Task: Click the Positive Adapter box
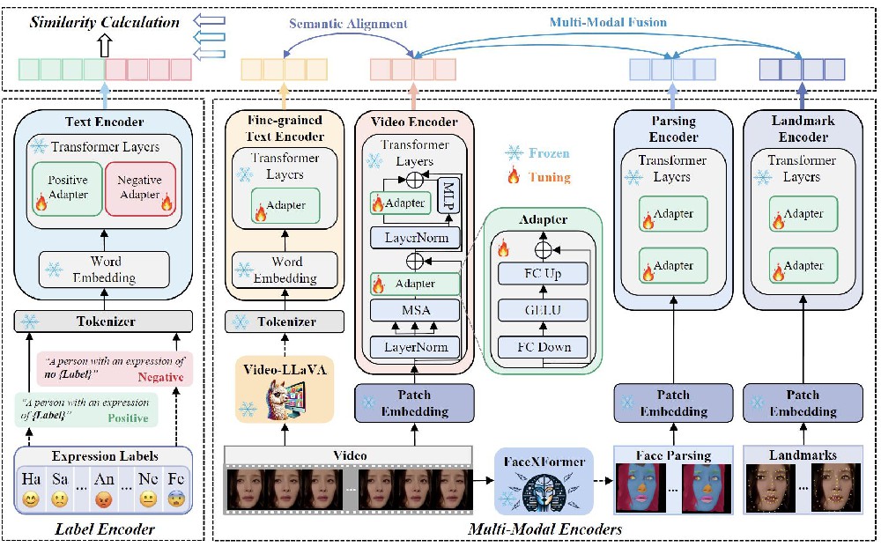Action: (x=68, y=188)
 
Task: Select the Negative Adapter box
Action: (x=140, y=188)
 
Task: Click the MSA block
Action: (x=415, y=310)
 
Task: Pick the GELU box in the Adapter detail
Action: (x=543, y=310)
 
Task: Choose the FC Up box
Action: (x=543, y=273)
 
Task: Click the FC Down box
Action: (x=543, y=347)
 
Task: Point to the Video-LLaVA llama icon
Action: (x=285, y=399)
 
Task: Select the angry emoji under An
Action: (x=104, y=499)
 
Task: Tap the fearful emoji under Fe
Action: (x=176, y=499)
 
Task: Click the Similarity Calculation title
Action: (x=105, y=22)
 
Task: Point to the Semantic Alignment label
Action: (x=348, y=24)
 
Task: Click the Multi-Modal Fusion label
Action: (x=608, y=22)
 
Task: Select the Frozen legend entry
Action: (x=537, y=152)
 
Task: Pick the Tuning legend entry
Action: (x=538, y=177)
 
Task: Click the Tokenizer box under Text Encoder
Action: (x=103, y=322)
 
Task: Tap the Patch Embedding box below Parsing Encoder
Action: (x=673, y=403)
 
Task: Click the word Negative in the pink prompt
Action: (x=160, y=377)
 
